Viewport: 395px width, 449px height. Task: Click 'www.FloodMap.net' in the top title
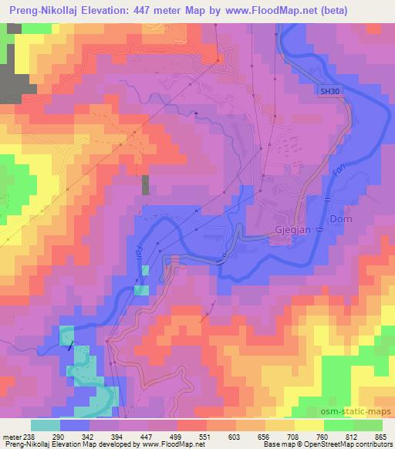pyautogui.click(x=266, y=11)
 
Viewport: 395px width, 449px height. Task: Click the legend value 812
pyautogui.click(x=351, y=436)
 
